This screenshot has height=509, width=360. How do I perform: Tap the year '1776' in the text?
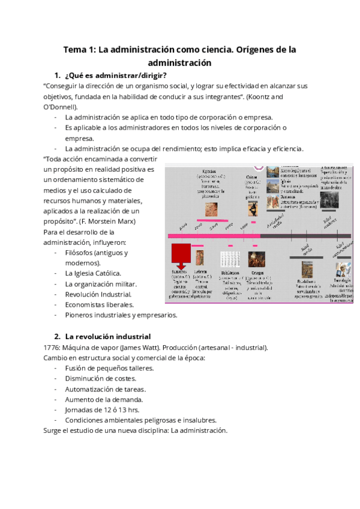[x=52, y=347]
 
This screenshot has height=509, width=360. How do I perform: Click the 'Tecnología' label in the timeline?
[x=341, y=280]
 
